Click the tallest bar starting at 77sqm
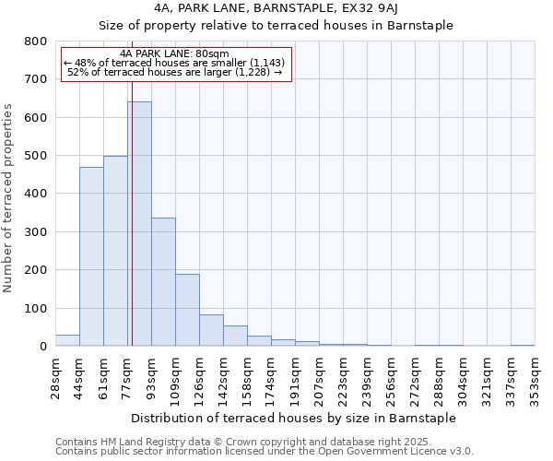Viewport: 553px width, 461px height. [x=139, y=224]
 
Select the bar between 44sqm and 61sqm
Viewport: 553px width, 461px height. [x=91, y=256]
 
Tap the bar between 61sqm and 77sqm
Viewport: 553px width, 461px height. [x=115, y=251]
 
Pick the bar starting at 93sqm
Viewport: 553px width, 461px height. [x=163, y=282]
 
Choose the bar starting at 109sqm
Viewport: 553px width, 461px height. [x=187, y=310]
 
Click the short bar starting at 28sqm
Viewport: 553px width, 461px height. [x=67, y=340]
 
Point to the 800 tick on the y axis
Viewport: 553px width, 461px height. [x=36, y=41]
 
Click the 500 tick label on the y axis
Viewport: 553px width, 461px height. [x=36, y=156]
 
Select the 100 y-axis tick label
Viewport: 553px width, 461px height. [x=36, y=308]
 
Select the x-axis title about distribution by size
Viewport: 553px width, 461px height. [x=294, y=418]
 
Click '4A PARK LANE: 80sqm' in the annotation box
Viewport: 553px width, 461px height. [x=175, y=53]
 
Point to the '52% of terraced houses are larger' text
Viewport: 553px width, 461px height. [x=175, y=72]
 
